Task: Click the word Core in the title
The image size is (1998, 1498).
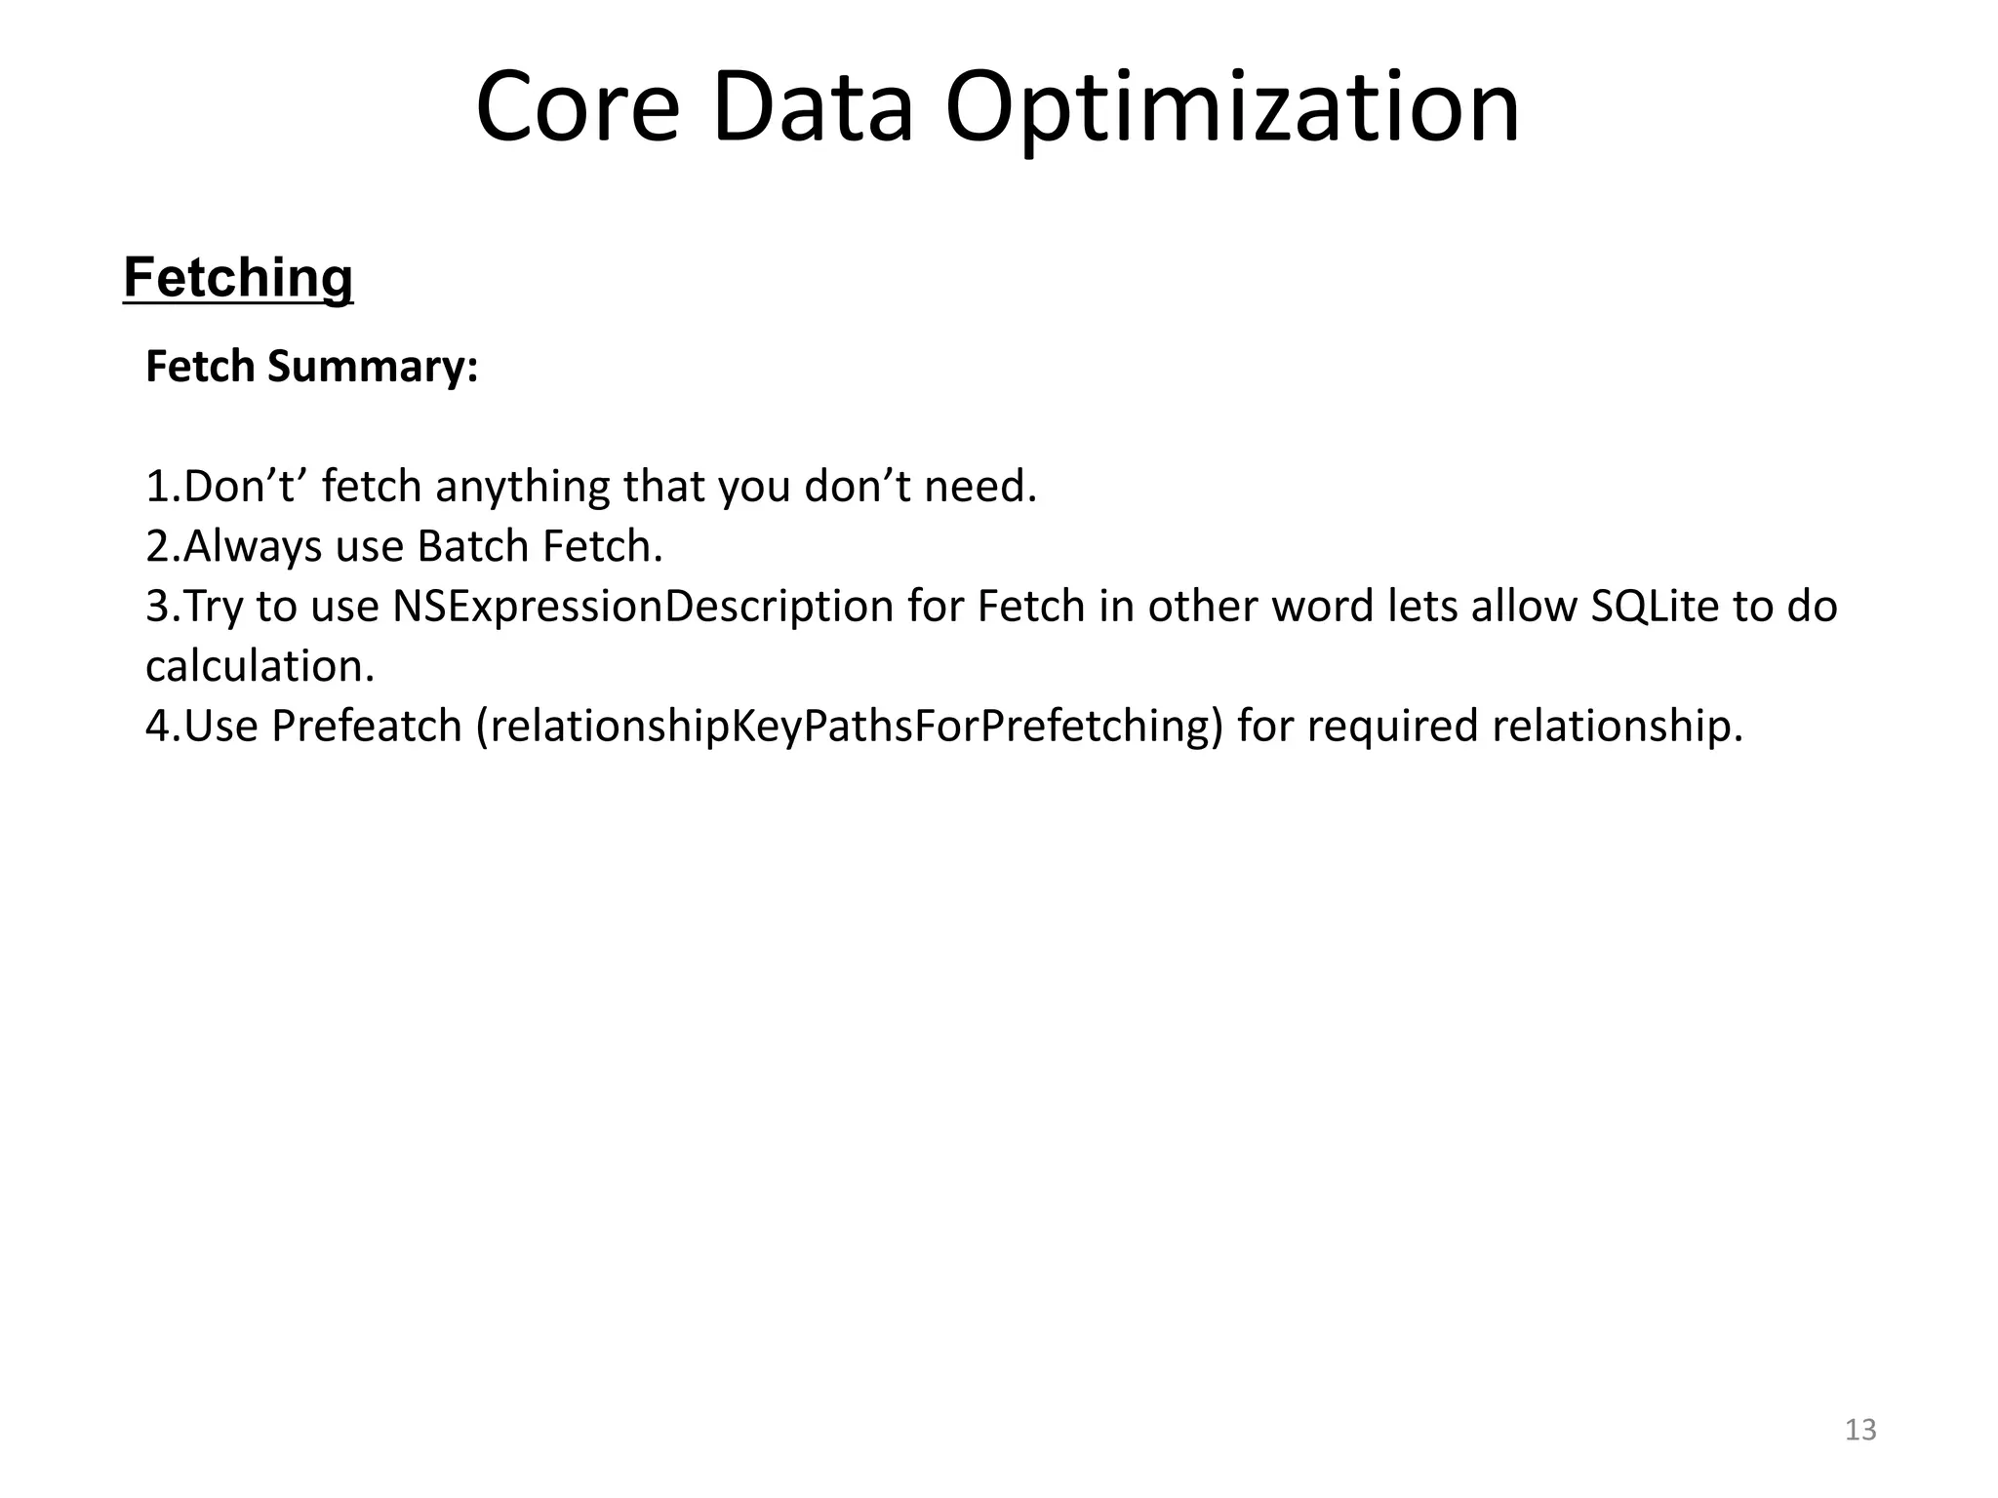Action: (577, 106)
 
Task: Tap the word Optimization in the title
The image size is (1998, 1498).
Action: (1232, 106)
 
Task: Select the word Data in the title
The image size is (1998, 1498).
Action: (813, 106)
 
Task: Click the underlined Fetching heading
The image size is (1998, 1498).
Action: (238, 278)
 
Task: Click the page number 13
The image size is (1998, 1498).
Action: (1860, 1430)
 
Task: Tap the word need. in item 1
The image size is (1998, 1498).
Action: (980, 487)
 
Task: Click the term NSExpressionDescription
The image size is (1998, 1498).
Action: (643, 606)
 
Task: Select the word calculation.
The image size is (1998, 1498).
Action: (260, 666)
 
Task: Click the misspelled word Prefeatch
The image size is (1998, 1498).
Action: (367, 726)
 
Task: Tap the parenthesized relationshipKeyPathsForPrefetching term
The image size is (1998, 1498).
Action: (850, 726)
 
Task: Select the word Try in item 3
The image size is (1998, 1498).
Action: (214, 608)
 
